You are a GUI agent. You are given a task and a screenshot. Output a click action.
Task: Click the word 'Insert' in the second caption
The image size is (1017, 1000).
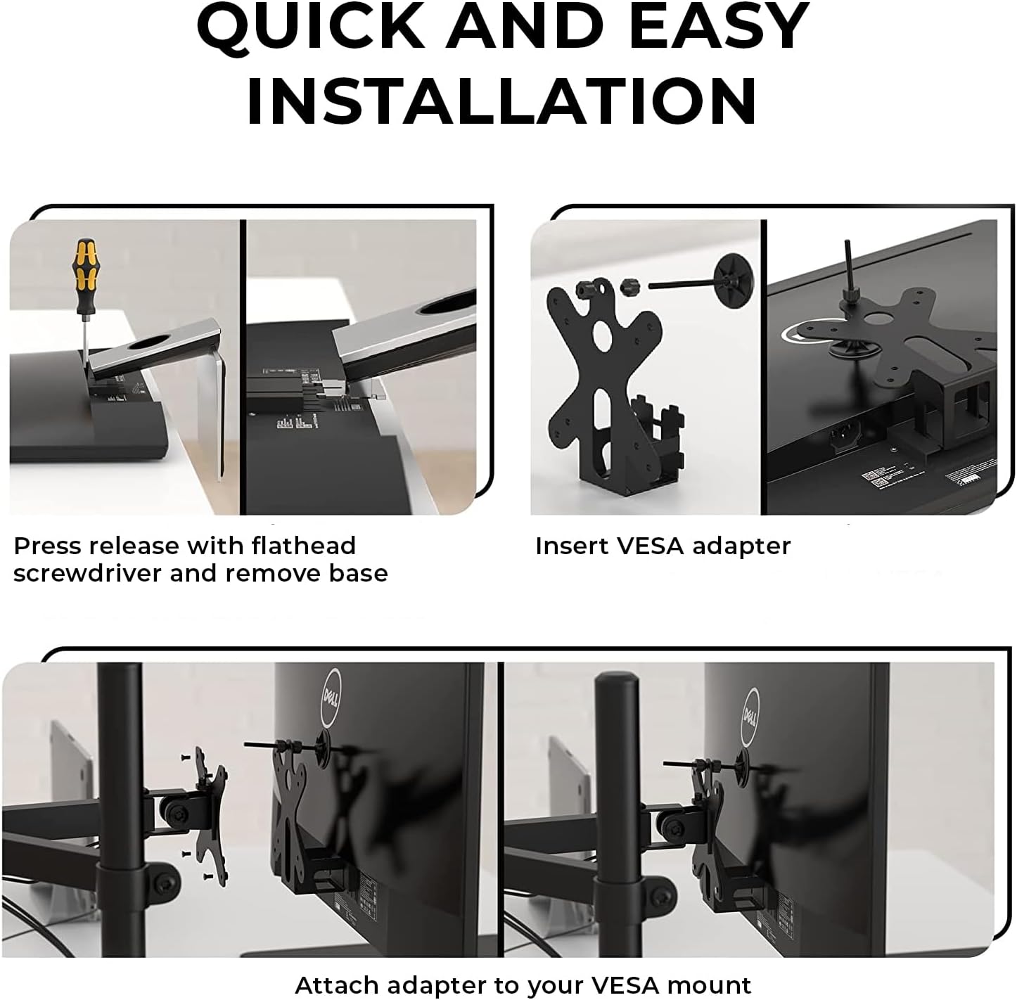click(x=565, y=546)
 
